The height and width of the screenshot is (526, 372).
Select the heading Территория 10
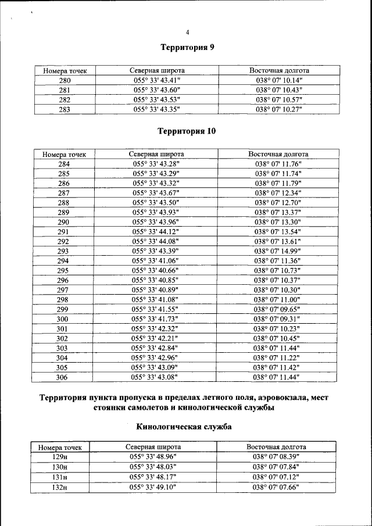click(x=187, y=131)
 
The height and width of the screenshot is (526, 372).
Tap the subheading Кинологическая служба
click(x=184, y=427)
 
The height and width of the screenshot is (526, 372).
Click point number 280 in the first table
click(x=65, y=80)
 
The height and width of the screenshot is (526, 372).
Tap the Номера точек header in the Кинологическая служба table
click(x=60, y=448)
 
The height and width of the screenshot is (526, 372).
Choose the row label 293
click(x=63, y=251)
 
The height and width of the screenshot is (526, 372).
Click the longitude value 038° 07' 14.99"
click(x=278, y=251)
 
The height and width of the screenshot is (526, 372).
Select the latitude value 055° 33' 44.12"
click(x=156, y=231)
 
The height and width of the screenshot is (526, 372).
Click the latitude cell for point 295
click(x=155, y=270)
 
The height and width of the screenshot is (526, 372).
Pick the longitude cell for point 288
click(x=278, y=202)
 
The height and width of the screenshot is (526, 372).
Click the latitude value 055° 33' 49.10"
click(x=153, y=486)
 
